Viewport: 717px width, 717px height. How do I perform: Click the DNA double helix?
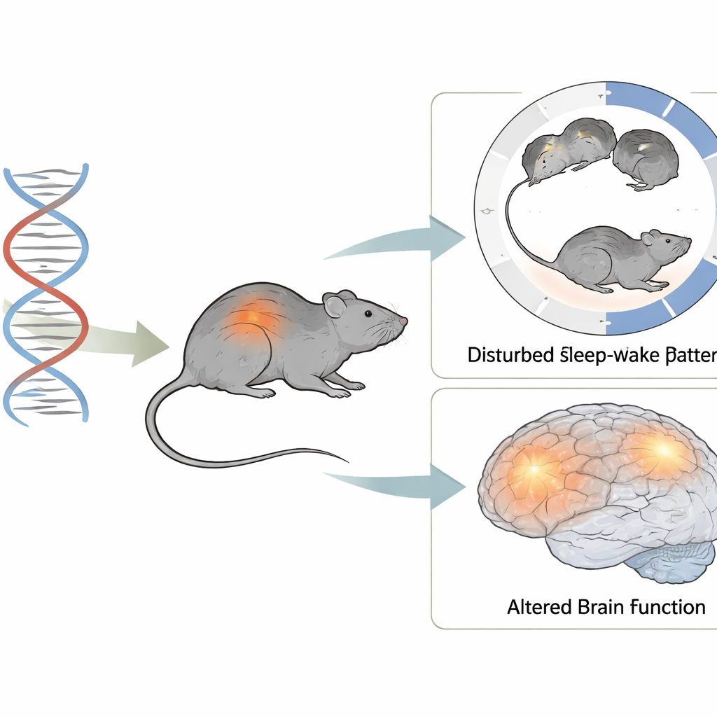click(x=46, y=294)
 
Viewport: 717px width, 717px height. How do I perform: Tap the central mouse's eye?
click(x=368, y=313)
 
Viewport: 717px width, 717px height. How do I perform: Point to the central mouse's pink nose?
click(x=403, y=321)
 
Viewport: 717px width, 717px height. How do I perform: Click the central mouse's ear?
click(x=335, y=305)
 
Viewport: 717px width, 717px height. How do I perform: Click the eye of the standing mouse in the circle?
click(x=666, y=242)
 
